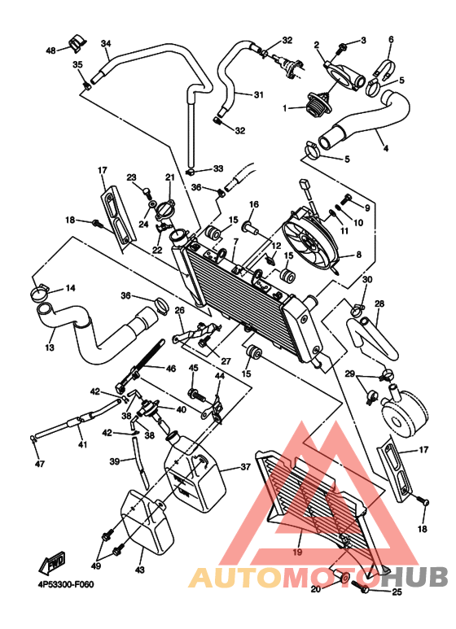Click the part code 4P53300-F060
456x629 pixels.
coord(65,584)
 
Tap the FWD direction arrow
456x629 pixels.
coord(52,564)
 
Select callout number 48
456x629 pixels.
coord(51,50)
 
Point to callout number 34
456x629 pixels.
coord(106,43)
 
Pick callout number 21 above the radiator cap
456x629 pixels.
coord(170,177)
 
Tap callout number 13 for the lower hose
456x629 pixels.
coord(50,347)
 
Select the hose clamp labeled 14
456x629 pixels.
coord(39,293)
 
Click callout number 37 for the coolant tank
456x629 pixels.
coord(245,467)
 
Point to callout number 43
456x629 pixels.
coord(140,570)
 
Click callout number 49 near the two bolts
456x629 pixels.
coord(95,566)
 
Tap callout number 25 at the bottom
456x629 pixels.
coord(397,592)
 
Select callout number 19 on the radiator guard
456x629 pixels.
coord(297,553)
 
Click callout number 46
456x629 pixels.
coord(171,369)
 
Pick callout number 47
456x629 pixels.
coord(39,464)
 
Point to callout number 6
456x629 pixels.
coord(391,39)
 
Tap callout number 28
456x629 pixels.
coord(379,304)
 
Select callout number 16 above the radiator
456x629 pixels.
coord(254,204)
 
